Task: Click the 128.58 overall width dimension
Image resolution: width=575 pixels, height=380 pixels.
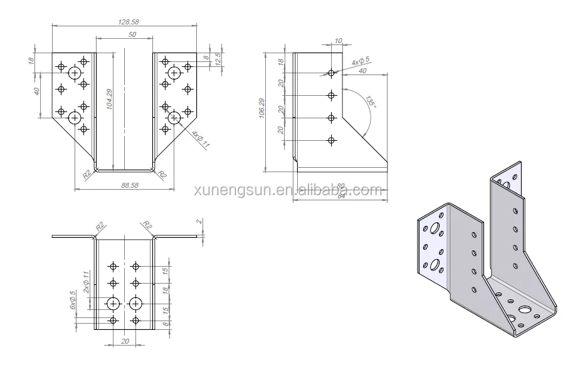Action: point(128,21)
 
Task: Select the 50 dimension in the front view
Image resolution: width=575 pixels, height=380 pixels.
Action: point(132,35)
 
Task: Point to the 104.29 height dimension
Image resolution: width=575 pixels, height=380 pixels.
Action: point(110,100)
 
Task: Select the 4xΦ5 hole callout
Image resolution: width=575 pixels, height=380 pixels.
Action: point(360,62)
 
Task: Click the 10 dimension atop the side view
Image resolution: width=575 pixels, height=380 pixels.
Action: point(339,41)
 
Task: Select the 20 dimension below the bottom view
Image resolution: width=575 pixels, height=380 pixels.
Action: point(124,341)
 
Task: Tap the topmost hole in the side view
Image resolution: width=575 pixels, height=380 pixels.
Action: point(332,73)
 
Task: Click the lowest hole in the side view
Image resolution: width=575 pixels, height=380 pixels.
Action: point(332,141)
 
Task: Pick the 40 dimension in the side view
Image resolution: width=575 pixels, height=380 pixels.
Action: point(362,71)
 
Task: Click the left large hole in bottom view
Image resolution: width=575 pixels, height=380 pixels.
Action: point(113,304)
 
